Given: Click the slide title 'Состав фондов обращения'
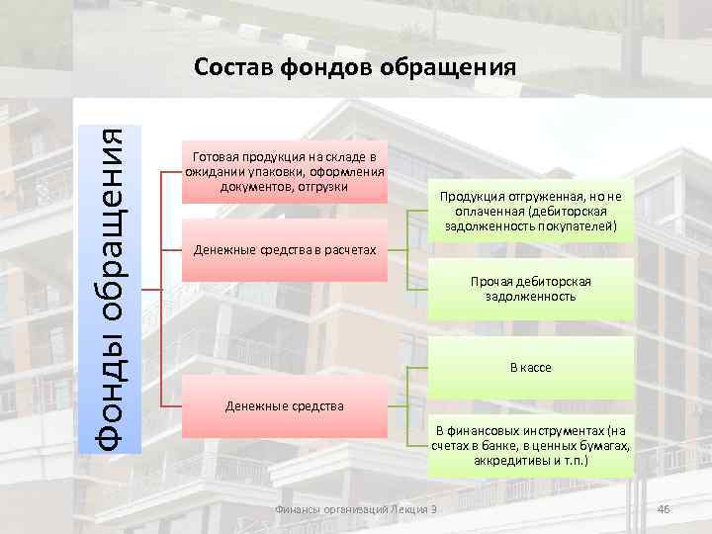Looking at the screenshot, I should pyautogui.click(x=355, y=67).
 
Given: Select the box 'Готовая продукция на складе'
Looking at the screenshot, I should pyautogui.click(x=285, y=172).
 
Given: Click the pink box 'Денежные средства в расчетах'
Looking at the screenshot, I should pyautogui.click(x=285, y=250).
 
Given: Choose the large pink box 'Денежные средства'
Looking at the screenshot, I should pyautogui.click(x=285, y=405).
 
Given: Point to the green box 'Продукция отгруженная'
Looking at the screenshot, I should pyautogui.click(x=530, y=210).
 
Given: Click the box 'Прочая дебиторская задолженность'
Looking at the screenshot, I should pyautogui.click(x=530, y=289).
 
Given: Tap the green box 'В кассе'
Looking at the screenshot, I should pyautogui.click(x=530, y=367).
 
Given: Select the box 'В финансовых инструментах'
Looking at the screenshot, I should pyautogui.click(x=530, y=446).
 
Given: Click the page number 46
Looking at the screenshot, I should pyautogui.click(x=664, y=509).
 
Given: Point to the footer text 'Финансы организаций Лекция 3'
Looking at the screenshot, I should pyautogui.click(x=358, y=509).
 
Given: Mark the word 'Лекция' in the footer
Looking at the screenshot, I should pyautogui.click(x=409, y=509).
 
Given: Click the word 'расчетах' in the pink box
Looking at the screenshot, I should pyautogui.click(x=350, y=250).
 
